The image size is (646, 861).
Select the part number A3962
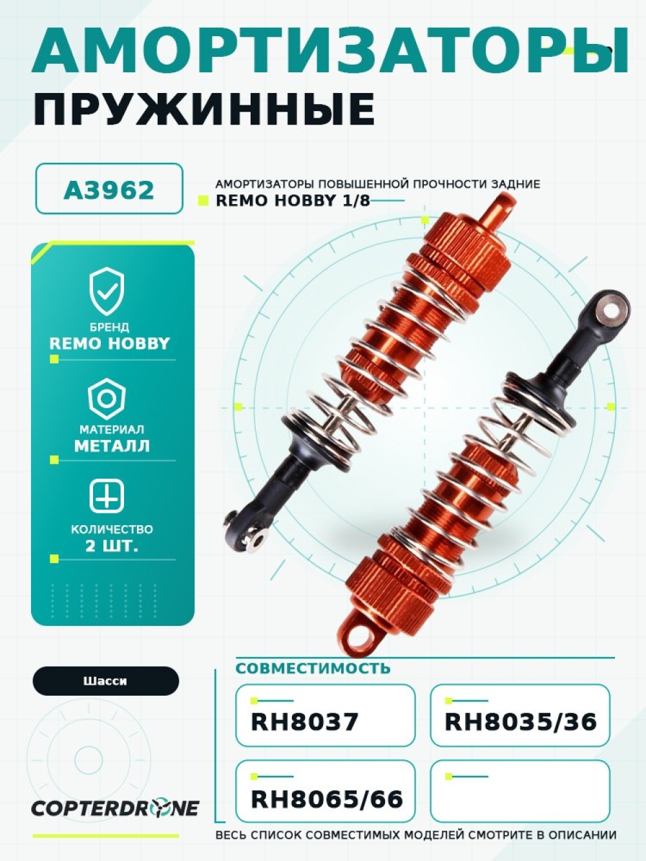tap(109, 191)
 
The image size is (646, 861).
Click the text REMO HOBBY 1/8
tap(293, 200)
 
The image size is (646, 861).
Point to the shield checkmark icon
tap(107, 291)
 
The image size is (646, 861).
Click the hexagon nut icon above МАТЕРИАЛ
tap(107, 399)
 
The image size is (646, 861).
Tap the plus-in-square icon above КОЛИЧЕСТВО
tap(107, 497)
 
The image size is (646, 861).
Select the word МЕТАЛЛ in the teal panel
tap(112, 446)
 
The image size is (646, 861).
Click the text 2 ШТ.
tap(112, 546)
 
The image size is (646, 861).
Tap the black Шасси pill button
tap(106, 681)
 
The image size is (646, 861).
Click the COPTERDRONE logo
tap(115, 809)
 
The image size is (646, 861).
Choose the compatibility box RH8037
tap(325, 715)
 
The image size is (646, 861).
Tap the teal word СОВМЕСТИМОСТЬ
tap(313, 668)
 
